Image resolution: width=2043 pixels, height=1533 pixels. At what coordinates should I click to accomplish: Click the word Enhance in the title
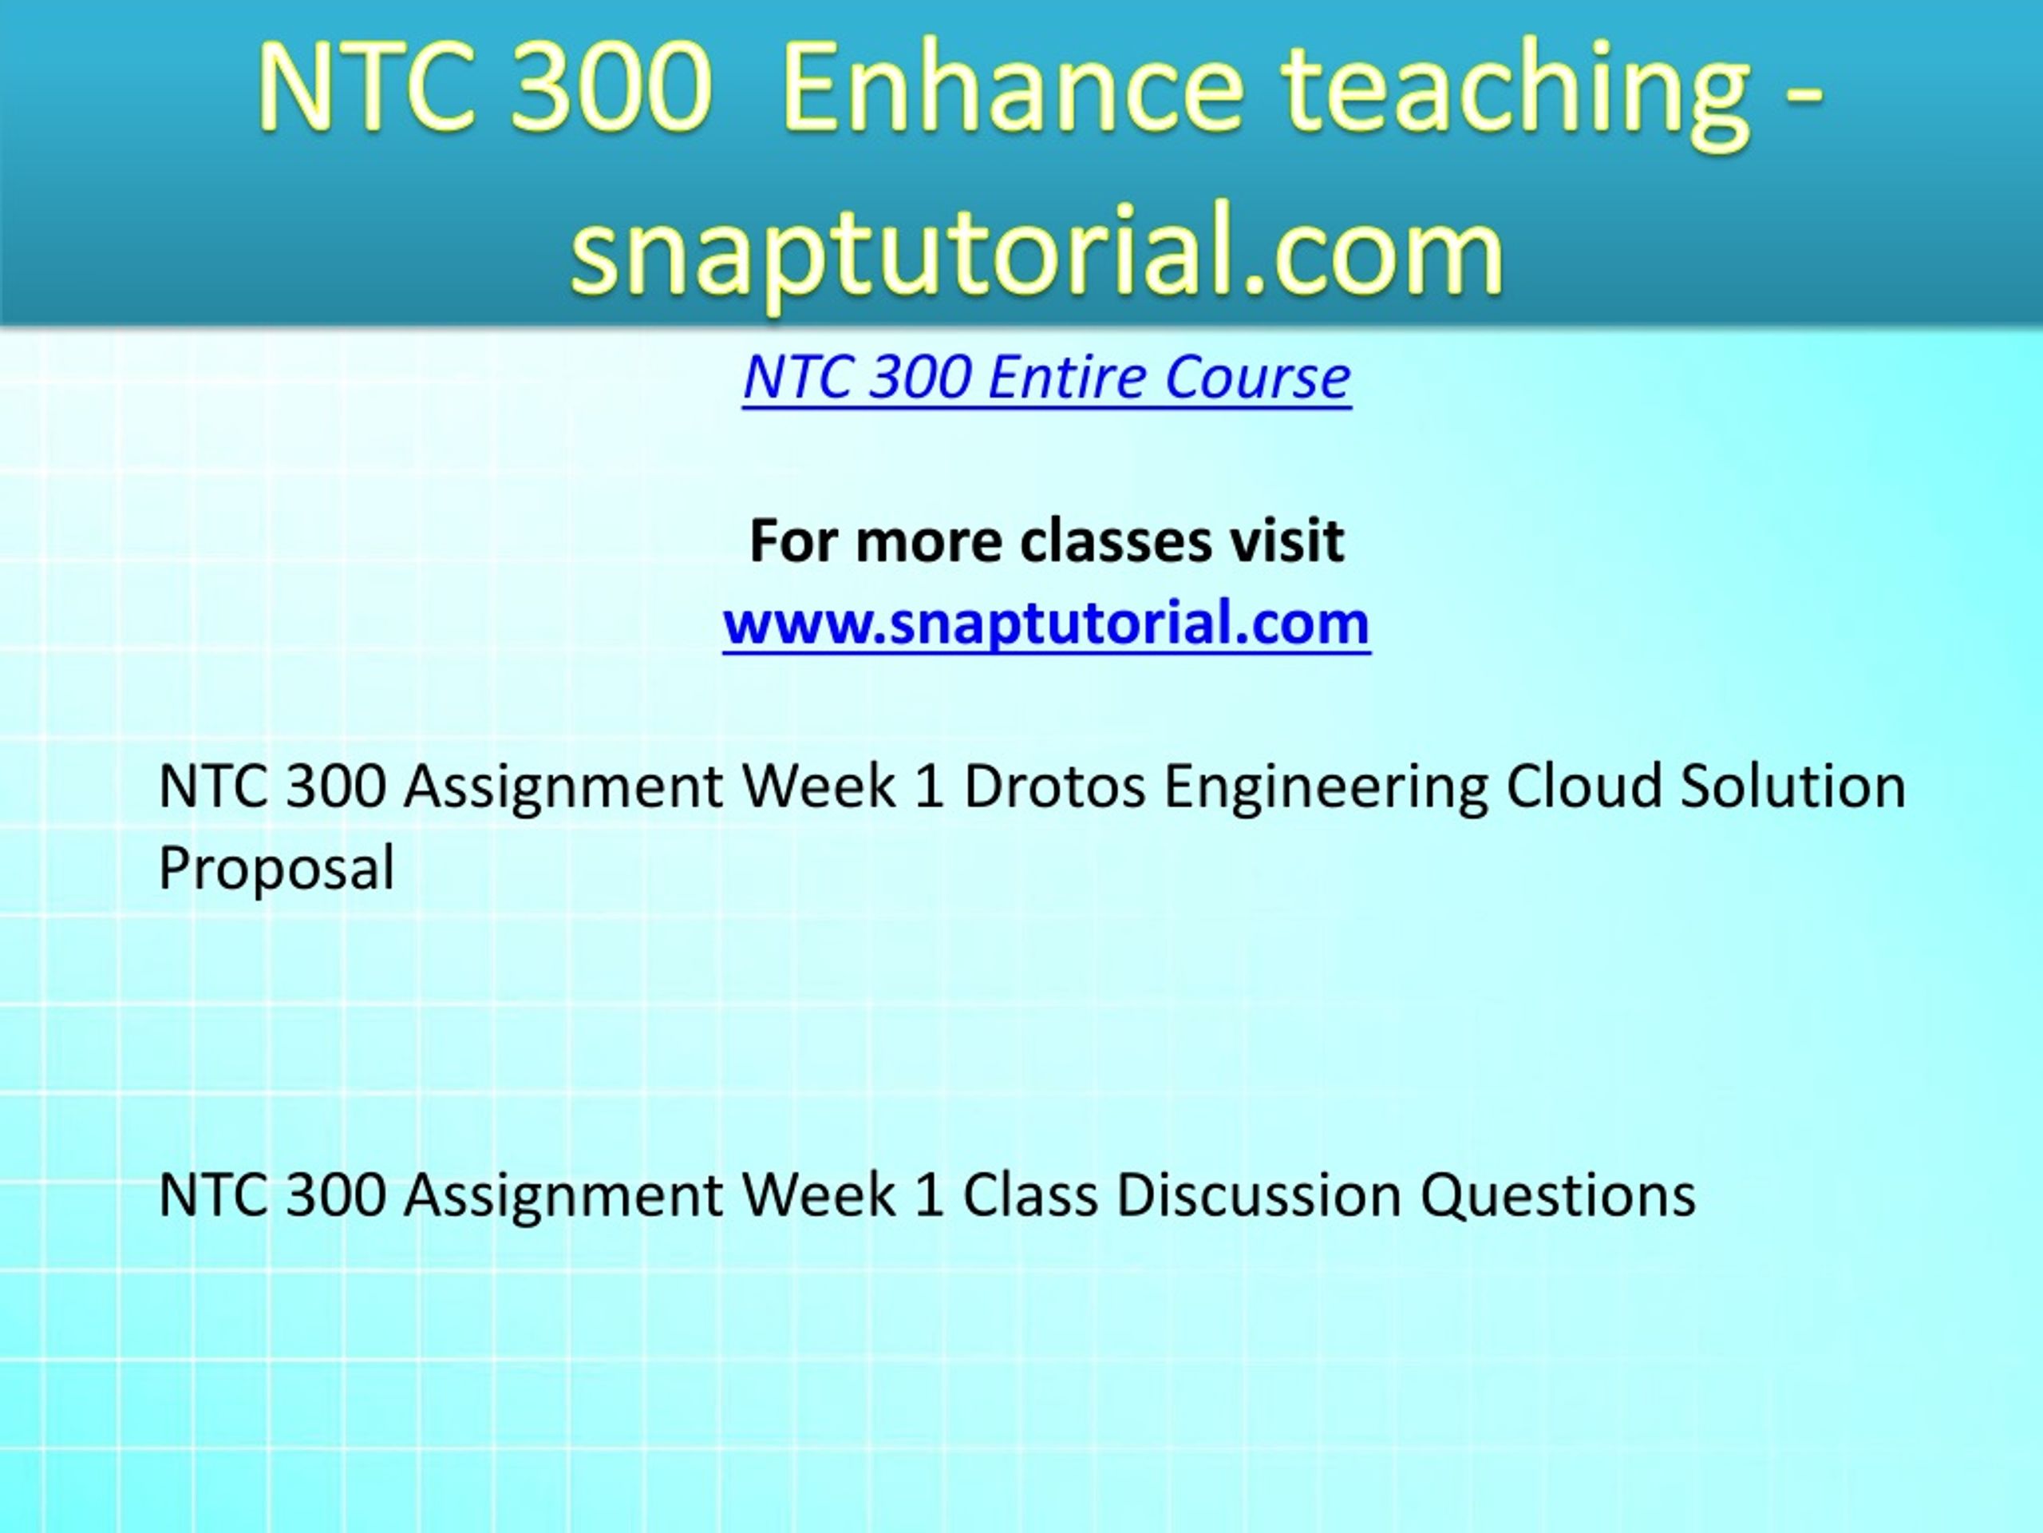click(1014, 93)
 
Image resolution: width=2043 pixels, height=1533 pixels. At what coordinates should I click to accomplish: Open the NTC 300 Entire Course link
click(1046, 377)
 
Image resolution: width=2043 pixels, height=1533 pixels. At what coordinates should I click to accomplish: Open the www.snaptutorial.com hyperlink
click(1046, 622)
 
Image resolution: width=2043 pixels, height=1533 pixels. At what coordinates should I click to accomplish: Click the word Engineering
click(1326, 786)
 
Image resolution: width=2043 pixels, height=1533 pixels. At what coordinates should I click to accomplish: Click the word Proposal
click(276, 868)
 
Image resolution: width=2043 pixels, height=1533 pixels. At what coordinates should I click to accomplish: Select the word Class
click(1029, 1194)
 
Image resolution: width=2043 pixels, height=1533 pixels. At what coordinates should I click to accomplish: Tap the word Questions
click(1557, 1194)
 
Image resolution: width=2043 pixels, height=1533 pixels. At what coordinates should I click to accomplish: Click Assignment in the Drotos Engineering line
click(563, 786)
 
